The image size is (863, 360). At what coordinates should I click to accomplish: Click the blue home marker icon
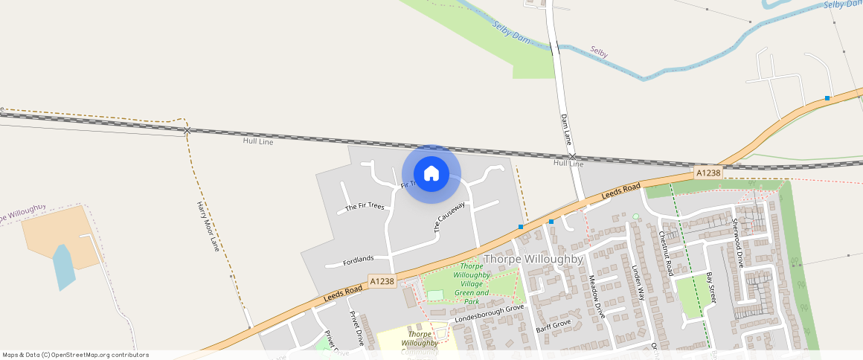click(431, 174)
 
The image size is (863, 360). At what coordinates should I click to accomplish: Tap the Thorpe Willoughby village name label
click(532, 259)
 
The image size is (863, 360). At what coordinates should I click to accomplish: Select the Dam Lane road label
click(566, 128)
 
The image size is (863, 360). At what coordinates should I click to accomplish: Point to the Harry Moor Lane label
click(208, 225)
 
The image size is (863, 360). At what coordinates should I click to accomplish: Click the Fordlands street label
click(358, 260)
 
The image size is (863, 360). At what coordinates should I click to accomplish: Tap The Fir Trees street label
click(365, 207)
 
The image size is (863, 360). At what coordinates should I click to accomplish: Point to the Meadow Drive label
click(597, 297)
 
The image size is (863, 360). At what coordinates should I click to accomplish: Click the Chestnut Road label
click(665, 253)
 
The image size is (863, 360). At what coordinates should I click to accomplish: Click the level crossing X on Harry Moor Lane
click(187, 131)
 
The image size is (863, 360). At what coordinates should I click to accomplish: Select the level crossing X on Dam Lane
click(571, 155)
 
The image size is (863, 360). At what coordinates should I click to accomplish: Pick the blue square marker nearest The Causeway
click(521, 226)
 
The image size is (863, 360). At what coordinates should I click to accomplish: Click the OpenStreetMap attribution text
click(76, 355)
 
